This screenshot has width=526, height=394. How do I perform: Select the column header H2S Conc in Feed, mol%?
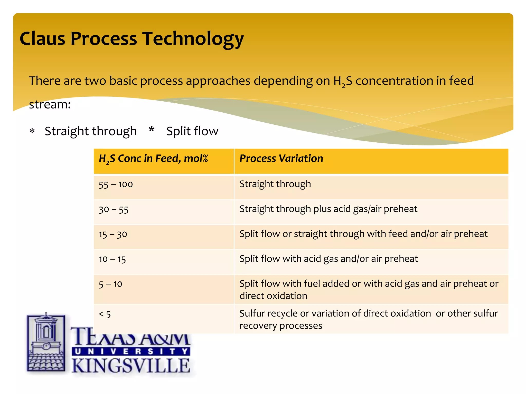(x=153, y=159)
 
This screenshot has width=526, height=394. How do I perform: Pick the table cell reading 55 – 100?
(x=116, y=184)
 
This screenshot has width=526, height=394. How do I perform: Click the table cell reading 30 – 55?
(x=114, y=209)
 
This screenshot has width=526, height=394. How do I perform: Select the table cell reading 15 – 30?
(x=113, y=234)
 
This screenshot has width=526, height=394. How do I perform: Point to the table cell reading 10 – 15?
(x=112, y=259)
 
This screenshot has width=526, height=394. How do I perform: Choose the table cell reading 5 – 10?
(x=110, y=284)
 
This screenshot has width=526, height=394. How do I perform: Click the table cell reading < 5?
(x=105, y=314)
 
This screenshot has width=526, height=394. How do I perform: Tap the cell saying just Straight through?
(x=275, y=184)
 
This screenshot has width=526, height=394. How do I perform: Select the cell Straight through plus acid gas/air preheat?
(x=328, y=209)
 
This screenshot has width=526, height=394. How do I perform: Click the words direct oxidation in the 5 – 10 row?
(x=273, y=296)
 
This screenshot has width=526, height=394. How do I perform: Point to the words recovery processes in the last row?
(x=281, y=326)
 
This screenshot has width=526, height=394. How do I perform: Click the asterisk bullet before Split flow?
(x=152, y=130)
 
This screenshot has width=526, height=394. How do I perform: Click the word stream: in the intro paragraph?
(x=50, y=104)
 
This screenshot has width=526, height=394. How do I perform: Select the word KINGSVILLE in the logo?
(x=131, y=366)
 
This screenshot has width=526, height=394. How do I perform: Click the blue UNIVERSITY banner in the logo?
(x=131, y=351)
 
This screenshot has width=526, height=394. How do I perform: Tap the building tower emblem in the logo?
(x=46, y=342)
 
